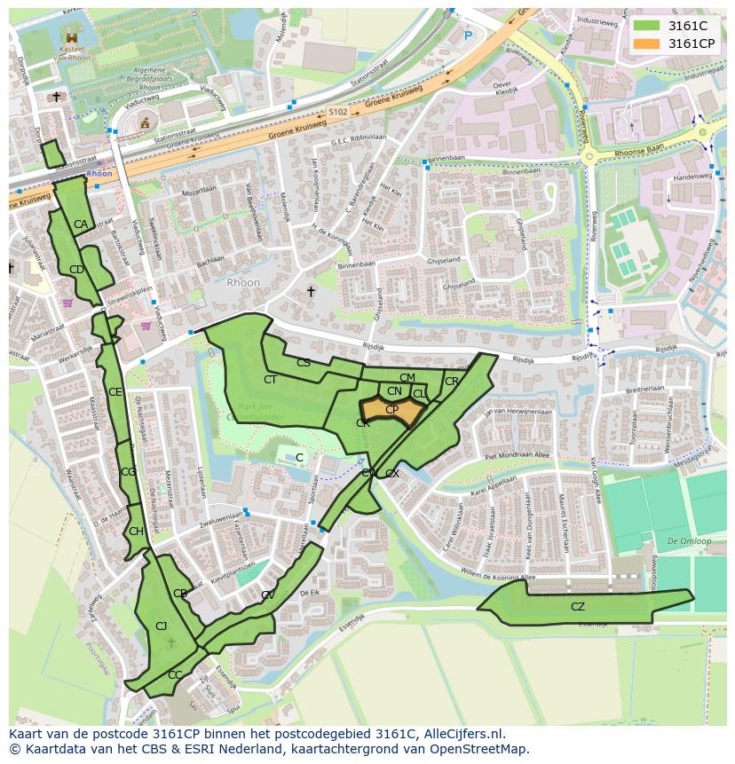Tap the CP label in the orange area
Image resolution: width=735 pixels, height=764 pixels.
coord(391,409)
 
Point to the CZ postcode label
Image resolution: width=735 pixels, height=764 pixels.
coord(578,607)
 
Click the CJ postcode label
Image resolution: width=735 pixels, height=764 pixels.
coord(162,626)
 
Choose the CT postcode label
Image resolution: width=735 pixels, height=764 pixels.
coord(271,379)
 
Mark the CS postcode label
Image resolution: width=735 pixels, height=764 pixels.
coord(304,362)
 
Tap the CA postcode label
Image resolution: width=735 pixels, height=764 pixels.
coord(81,224)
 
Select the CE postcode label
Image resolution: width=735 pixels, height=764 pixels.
coord(115,391)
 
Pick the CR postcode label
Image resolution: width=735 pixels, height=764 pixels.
coord(452,382)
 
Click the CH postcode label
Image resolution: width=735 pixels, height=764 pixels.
coord(136,532)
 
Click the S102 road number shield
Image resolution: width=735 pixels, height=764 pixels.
coord(337,113)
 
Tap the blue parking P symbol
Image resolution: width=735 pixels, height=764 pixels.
coord(469,36)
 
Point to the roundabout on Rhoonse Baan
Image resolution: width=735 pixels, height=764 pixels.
coord(589,157)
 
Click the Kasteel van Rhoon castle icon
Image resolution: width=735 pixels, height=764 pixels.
coord(71,38)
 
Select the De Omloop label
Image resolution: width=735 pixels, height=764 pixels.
coord(689,540)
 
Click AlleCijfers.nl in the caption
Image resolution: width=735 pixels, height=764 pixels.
coord(462,735)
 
